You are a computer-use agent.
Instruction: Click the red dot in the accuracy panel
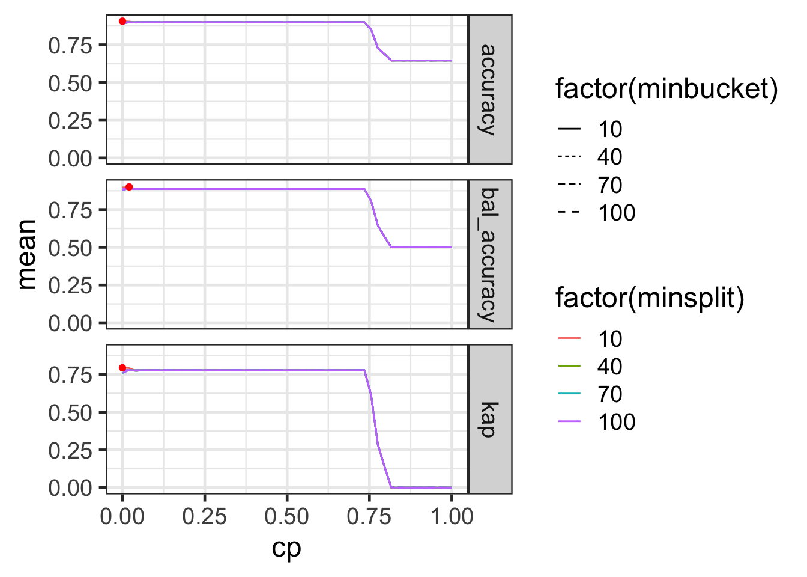122,21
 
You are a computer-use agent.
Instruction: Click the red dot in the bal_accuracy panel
129,187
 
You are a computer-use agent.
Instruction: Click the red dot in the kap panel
122,368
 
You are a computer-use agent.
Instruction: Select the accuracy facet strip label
489,89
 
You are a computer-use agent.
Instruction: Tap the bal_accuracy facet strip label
489,254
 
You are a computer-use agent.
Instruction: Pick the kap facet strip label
489,419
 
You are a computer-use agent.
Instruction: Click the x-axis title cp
286,548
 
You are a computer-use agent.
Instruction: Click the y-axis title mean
27,254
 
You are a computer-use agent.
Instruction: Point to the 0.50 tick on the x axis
287,516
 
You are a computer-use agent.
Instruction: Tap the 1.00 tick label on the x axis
452,516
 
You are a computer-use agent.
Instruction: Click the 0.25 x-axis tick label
205,516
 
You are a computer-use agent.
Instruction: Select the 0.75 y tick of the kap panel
70,374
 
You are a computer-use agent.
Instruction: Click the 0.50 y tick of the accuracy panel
70,83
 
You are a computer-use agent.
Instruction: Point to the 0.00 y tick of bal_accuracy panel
70,323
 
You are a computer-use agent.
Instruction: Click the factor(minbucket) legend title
666,89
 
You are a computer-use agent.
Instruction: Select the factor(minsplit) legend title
650,298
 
